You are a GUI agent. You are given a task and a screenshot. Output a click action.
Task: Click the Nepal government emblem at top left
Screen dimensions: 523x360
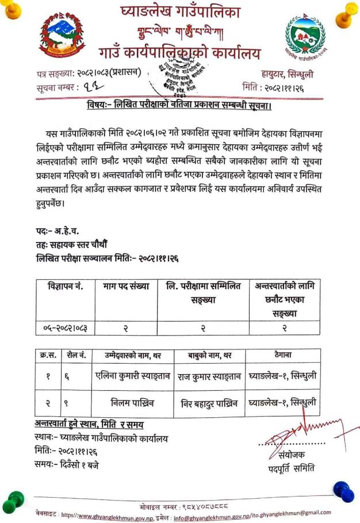[62, 37]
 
